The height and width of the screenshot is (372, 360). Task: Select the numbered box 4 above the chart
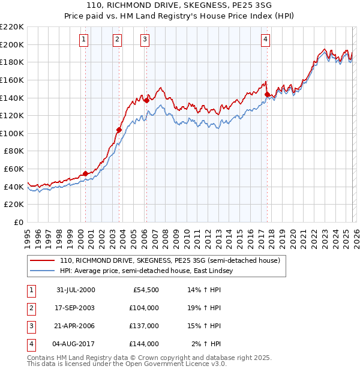tap(265, 40)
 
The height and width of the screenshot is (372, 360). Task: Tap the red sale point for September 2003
tap(119, 130)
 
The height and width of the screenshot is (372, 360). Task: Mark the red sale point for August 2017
tap(267, 94)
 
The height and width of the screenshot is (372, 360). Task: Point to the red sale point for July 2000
tap(85, 173)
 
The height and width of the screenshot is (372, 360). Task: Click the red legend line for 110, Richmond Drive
tap(42, 261)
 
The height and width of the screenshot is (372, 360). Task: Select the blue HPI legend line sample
tap(42, 271)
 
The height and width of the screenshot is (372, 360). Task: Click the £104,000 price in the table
tap(144, 308)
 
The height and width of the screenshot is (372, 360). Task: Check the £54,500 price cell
tap(146, 290)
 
